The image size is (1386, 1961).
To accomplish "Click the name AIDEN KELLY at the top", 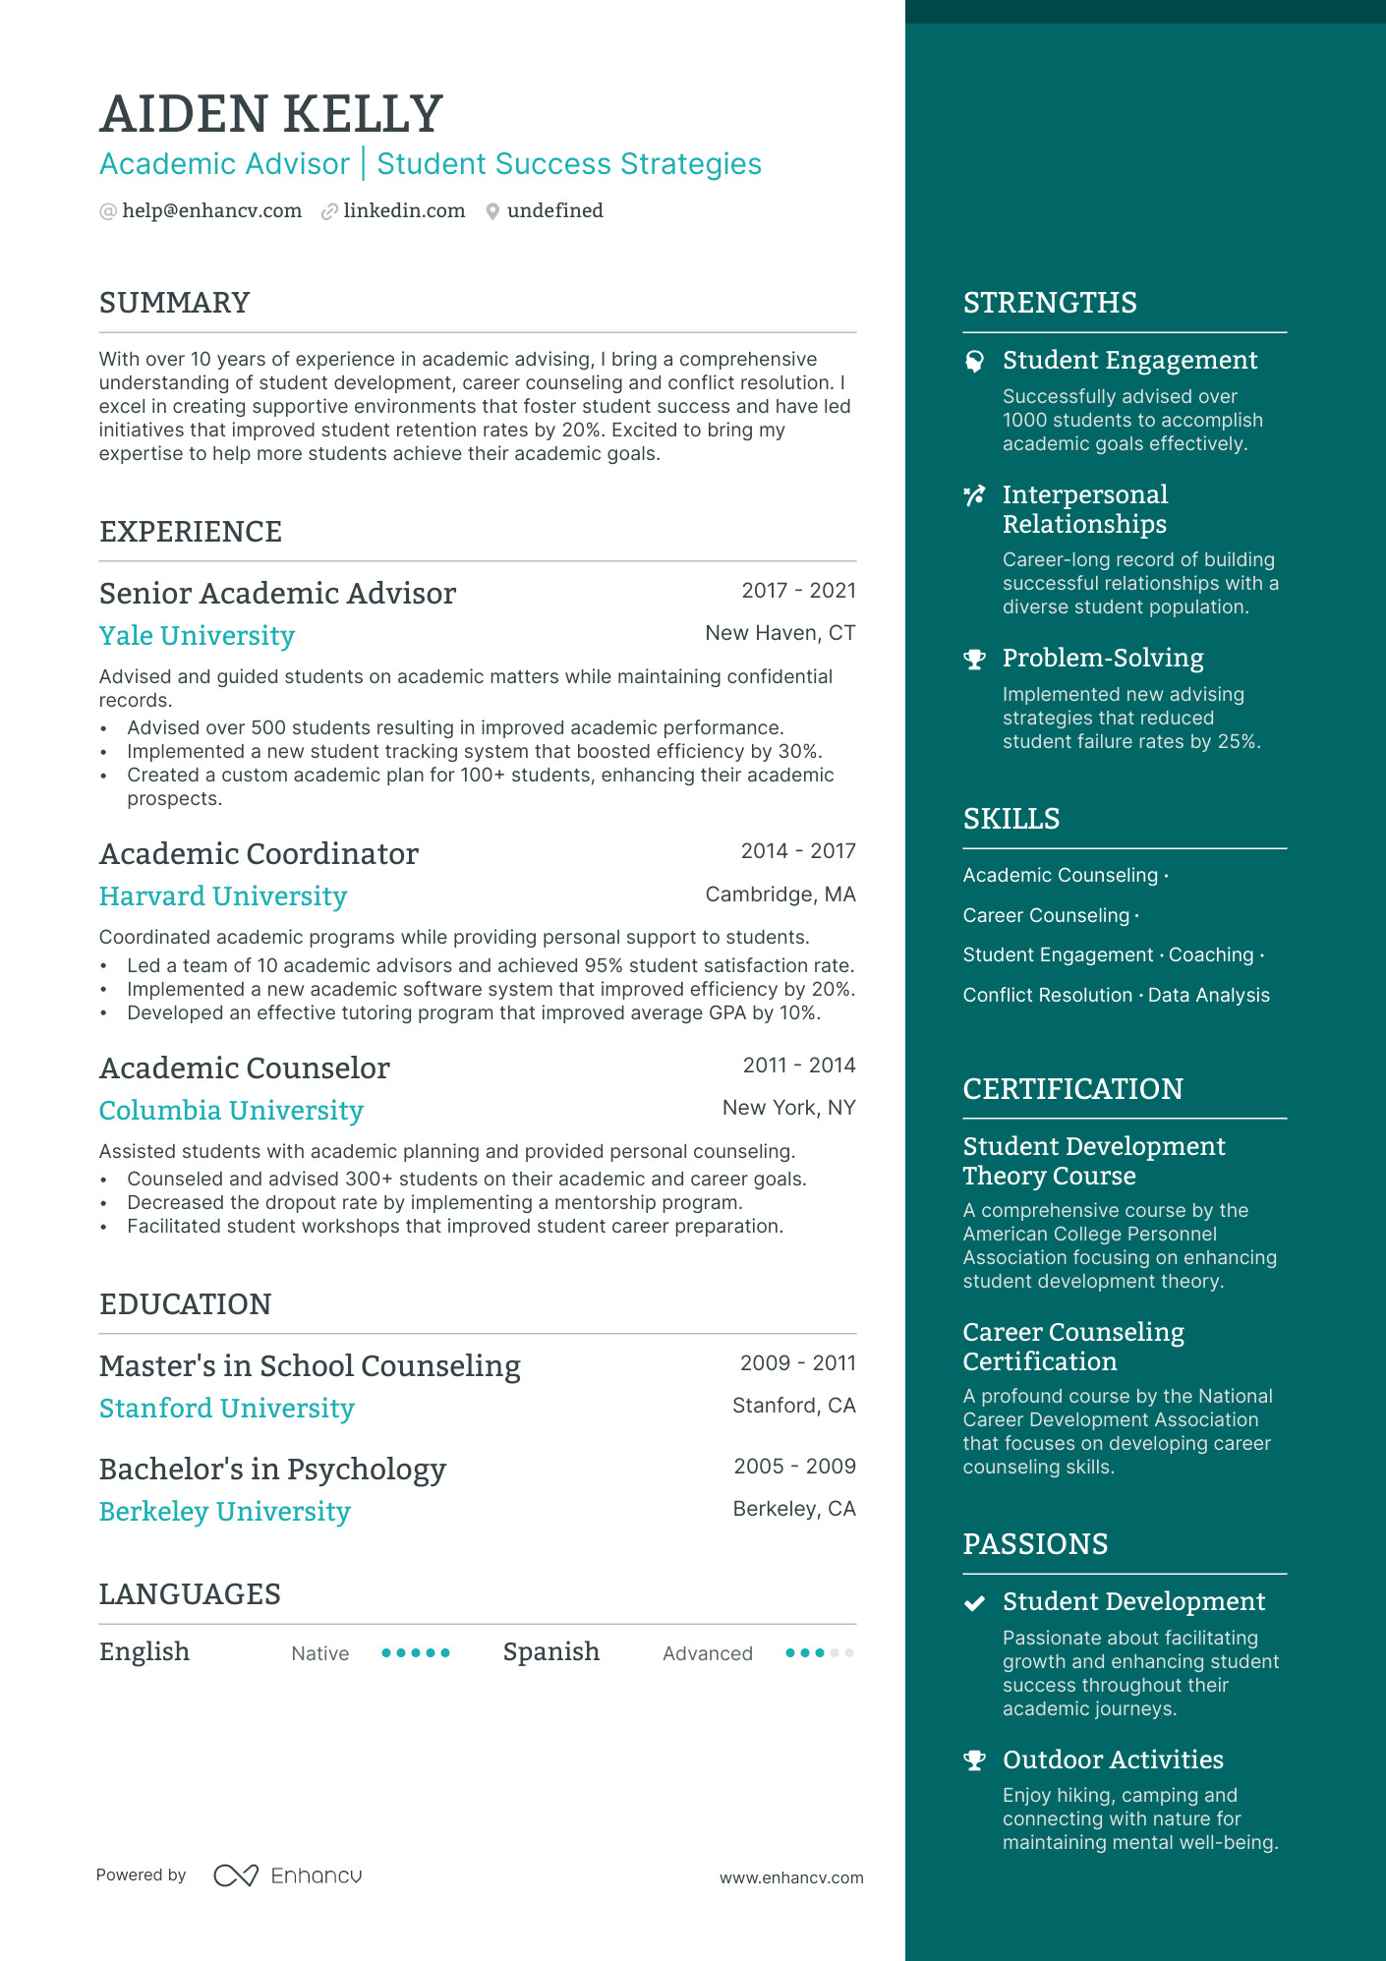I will [271, 114].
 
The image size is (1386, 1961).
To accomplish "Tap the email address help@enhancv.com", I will [211, 211].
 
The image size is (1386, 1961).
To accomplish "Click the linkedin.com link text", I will [404, 211].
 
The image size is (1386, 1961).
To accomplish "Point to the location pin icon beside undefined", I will [492, 211].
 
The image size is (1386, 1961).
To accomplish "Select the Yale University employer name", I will [197, 636].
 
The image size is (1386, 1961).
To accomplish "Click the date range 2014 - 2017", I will [797, 851].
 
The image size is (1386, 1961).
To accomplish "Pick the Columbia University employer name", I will [231, 1111].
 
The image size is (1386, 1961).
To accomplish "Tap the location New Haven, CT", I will [780, 633].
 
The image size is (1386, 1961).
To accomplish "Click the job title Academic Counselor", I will [245, 1068].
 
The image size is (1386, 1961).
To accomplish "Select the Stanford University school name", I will [226, 1409].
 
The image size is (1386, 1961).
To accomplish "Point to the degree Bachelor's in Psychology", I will [272, 1470].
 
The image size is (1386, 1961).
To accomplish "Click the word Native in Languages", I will [319, 1654].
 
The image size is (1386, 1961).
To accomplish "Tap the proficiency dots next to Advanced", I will [819, 1653].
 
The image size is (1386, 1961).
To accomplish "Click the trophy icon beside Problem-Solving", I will [974, 660].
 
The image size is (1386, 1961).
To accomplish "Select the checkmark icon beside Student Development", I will [974, 1603].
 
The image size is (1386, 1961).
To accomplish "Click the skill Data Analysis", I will [1208, 996].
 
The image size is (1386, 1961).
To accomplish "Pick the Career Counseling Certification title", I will [1072, 1347].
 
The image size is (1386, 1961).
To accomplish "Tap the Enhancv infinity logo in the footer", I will [236, 1875].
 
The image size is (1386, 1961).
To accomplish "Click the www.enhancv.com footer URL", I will [790, 1877].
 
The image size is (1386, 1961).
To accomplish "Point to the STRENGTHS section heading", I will [1049, 303].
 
